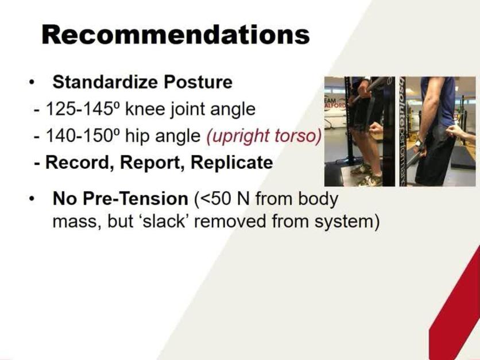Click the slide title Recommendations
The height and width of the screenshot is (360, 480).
click(x=175, y=35)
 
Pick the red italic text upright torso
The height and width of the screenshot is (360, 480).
click(x=262, y=136)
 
